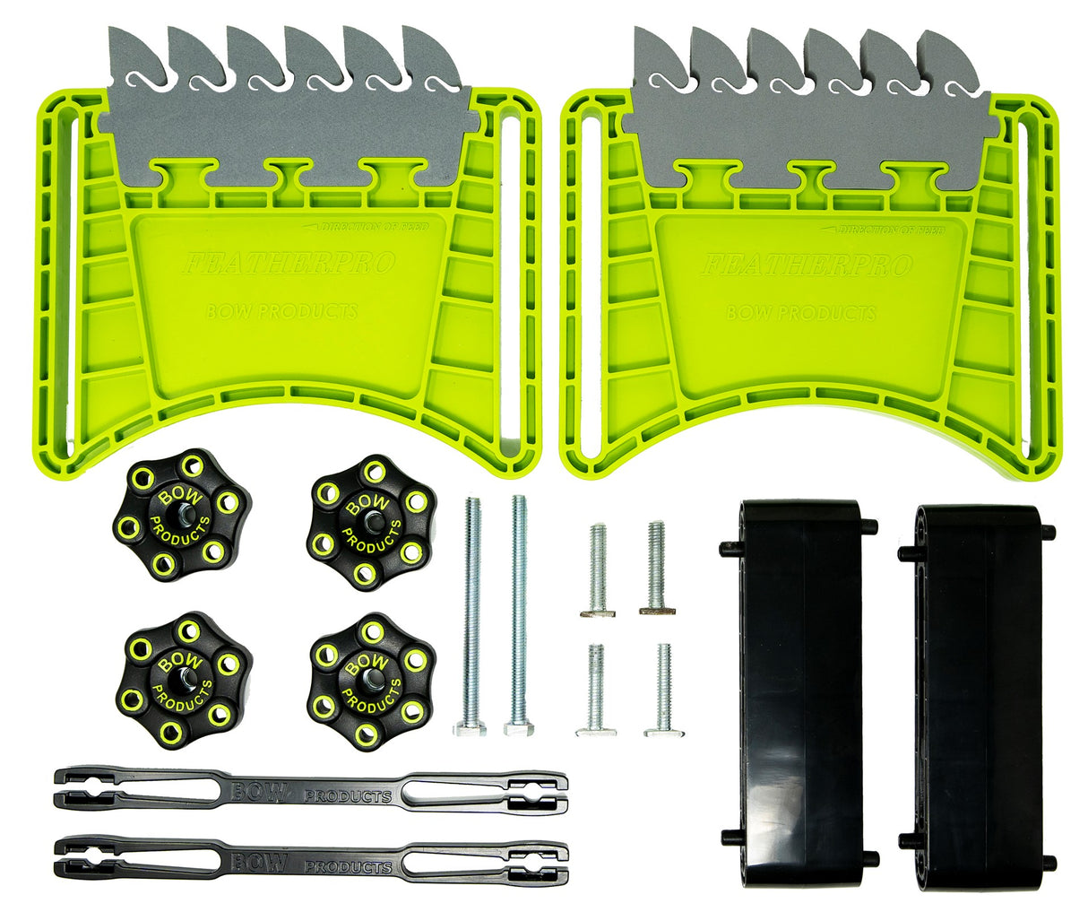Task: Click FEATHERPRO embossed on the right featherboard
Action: point(806,265)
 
